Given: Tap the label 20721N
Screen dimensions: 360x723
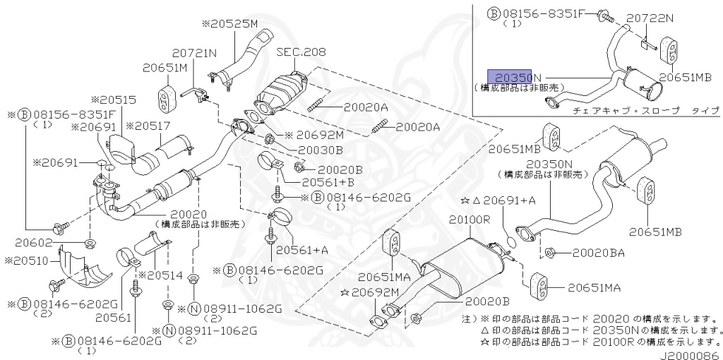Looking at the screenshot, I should [x=194, y=52].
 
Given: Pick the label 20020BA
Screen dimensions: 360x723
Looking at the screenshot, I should [x=599, y=252].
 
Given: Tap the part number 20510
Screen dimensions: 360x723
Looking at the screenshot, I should [x=28, y=260].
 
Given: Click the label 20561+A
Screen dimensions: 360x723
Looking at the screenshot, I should [x=302, y=249].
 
